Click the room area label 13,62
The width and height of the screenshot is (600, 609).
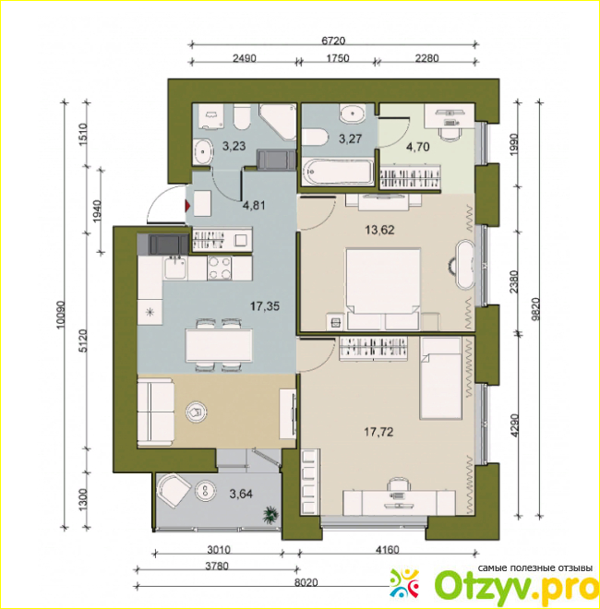[379, 230]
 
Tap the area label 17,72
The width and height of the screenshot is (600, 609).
[378, 432]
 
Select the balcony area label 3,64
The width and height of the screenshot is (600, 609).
[241, 494]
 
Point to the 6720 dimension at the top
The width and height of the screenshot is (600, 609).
[333, 40]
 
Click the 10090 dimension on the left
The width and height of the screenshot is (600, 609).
[60, 315]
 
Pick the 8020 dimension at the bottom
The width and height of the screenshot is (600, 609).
[306, 582]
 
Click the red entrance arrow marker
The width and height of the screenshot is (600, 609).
[188, 206]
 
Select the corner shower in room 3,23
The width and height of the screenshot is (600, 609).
[278, 122]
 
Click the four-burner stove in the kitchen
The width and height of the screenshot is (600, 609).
[220, 268]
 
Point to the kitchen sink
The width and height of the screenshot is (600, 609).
[175, 268]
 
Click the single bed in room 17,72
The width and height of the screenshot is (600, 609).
[440, 378]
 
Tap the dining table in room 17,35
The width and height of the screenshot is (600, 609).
[219, 345]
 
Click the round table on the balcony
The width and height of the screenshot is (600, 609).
[206, 492]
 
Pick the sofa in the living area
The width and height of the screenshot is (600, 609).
[156, 412]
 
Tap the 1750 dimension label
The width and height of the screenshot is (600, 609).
[337, 58]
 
